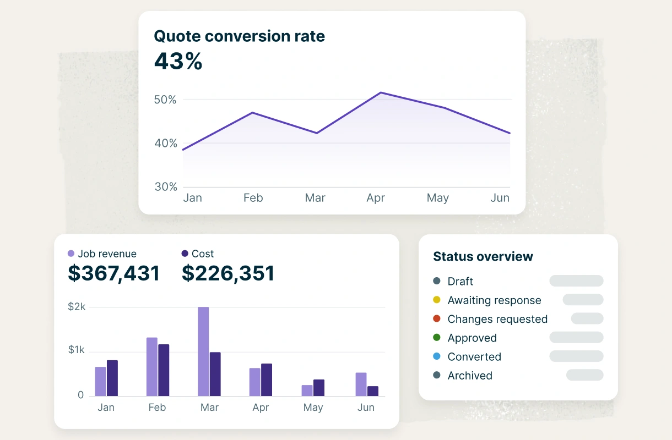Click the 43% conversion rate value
coord(178,61)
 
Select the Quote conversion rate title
coord(239,36)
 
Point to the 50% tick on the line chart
coord(165,100)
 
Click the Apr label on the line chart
coord(376,198)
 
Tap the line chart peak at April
coord(380,92)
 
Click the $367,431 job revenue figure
coord(113,273)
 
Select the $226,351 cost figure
coord(228,273)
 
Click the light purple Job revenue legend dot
coord(71,254)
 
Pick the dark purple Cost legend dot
coord(185,254)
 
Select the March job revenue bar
coord(203,351)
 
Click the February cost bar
coord(164,370)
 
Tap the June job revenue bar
coord(361,384)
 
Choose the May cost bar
coord(318,388)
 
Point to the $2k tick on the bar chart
coord(77,307)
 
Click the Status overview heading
coord(483,256)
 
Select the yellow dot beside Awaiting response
coord(437,300)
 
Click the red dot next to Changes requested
coord(437,318)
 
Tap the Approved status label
coord(472,338)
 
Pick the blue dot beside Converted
coord(437,356)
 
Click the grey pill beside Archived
coord(585,375)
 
